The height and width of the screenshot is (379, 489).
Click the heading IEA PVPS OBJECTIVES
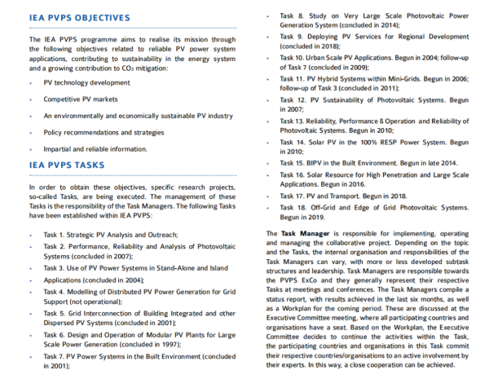pos(79,17)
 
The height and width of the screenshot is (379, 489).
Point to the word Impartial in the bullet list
pos(59,148)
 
